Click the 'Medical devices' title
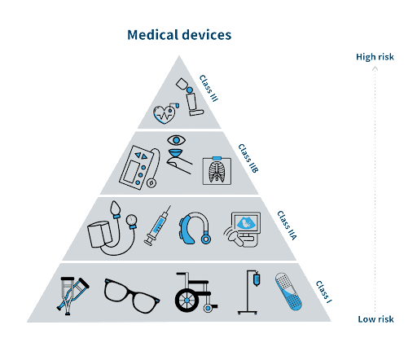pyautogui.click(x=179, y=35)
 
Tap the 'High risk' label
pyautogui.click(x=375, y=57)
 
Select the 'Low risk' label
pyautogui.click(x=375, y=319)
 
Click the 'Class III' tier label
pyautogui.click(x=208, y=88)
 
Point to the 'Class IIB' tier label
pyautogui.click(x=248, y=158)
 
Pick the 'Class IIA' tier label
pyautogui.click(x=287, y=226)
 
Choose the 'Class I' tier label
pyautogui.click(x=324, y=292)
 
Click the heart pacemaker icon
pyautogui.click(x=166, y=114)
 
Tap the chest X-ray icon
pyautogui.click(x=217, y=171)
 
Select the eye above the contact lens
pyautogui.click(x=177, y=140)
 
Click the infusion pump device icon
pyautogui.click(x=136, y=167)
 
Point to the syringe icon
pyautogui.click(x=157, y=226)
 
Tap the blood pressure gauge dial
pyautogui.click(x=132, y=220)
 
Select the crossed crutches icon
pyautogui.click(x=72, y=296)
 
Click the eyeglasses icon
pyautogui.click(x=132, y=296)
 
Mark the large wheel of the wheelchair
pyautogui.click(x=187, y=301)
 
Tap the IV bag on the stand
pyautogui.click(x=257, y=279)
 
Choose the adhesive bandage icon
pyautogui.click(x=288, y=292)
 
